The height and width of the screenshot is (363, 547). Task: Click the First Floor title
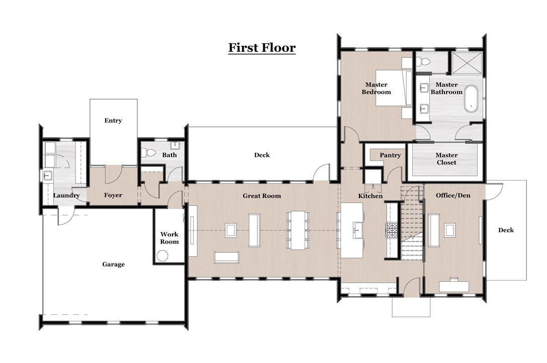point(261,48)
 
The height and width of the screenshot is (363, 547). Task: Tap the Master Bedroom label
point(376,88)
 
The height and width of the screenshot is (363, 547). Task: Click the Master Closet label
point(446,159)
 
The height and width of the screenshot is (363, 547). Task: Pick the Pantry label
point(390,155)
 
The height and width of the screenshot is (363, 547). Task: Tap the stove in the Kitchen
point(392,230)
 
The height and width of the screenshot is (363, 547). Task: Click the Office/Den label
point(453,195)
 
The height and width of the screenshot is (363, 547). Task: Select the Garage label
point(113,264)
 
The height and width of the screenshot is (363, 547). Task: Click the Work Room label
point(169,238)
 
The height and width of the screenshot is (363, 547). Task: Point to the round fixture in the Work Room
point(162,256)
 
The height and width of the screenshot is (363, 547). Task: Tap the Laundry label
point(66,196)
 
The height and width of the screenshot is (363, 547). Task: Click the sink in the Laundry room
point(48,176)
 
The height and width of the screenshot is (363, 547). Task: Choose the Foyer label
point(113,196)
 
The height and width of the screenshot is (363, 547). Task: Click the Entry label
point(113,121)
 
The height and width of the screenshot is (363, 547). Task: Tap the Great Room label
point(261,196)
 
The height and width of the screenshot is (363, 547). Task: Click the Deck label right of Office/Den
point(506,230)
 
